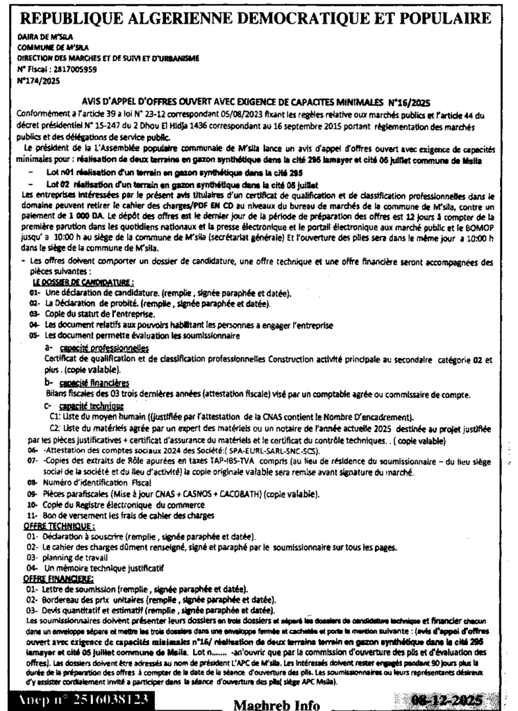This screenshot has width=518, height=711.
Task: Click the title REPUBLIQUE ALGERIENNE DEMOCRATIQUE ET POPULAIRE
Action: coord(258,16)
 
